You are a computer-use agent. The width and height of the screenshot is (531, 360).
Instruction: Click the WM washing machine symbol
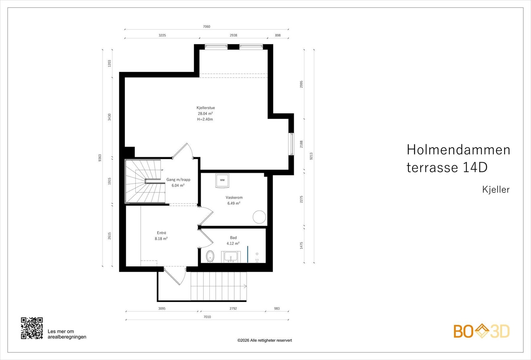pyautogui.click(x=222, y=181)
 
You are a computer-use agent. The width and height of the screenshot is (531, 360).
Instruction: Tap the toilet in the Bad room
pyautogui.click(x=210, y=256)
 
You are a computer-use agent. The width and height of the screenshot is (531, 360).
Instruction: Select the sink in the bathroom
pyautogui.click(x=231, y=257)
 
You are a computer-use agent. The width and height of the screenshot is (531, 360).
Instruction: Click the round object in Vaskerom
pyautogui.click(x=259, y=217)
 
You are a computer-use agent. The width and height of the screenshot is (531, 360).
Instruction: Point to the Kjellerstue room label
pyautogui.click(x=205, y=108)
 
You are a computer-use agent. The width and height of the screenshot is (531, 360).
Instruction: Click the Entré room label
pyautogui.click(x=161, y=233)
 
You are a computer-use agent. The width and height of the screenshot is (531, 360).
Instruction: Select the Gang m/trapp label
pyautogui.click(x=178, y=180)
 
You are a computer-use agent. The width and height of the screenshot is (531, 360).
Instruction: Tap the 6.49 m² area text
pyautogui.click(x=234, y=203)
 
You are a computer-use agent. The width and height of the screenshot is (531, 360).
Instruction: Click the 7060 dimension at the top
pyautogui.click(x=206, y=27)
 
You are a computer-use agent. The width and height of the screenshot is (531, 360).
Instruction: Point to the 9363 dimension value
pyautogui.click(x=100, y=158)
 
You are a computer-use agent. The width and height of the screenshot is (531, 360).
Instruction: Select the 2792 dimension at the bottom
pyautogui.click(x=233, y=309)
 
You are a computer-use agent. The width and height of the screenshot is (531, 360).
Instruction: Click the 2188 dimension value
pyautogui.click(x=301, y=144)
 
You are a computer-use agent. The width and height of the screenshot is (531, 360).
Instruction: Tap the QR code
pyautogui.click(x=32, y=328)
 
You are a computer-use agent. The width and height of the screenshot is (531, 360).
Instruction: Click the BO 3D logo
pyautogui.click(x=482, y=331)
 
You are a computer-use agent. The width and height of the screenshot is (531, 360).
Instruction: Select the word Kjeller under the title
pyautogui.click(x=496, y=189)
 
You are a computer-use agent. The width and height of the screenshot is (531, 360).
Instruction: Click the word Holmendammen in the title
pyautogui.click(x=458, y=150)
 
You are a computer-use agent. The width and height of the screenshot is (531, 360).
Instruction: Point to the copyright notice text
pyautogui.click(x=265, y=340)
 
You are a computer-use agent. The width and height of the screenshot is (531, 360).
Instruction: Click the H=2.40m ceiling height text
pyautogui.click(x=205, y=119)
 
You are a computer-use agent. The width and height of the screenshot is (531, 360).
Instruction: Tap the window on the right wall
pyautogui.click(x=291, y=144)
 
